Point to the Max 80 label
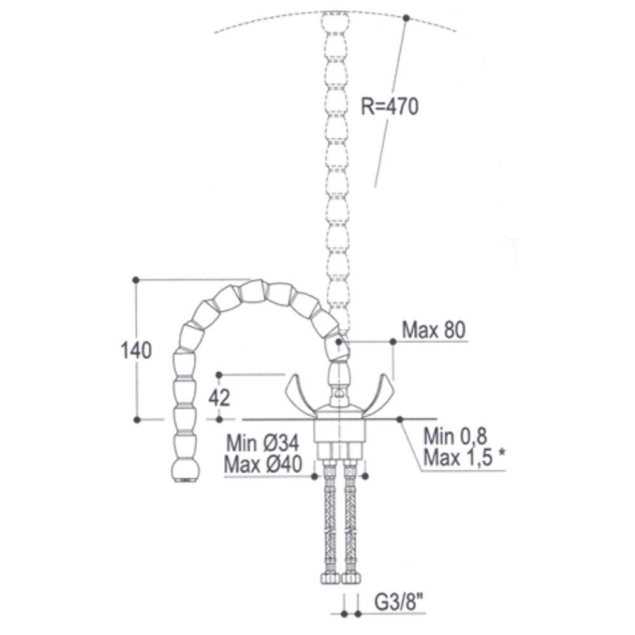(x=433, y=329)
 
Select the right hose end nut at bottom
(x=350, y=577)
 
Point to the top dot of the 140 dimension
(x=137, y=279)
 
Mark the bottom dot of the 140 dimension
(x=137, y=418)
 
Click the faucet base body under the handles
(x=339, y=429)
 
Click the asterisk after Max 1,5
(x=502, y=456)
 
